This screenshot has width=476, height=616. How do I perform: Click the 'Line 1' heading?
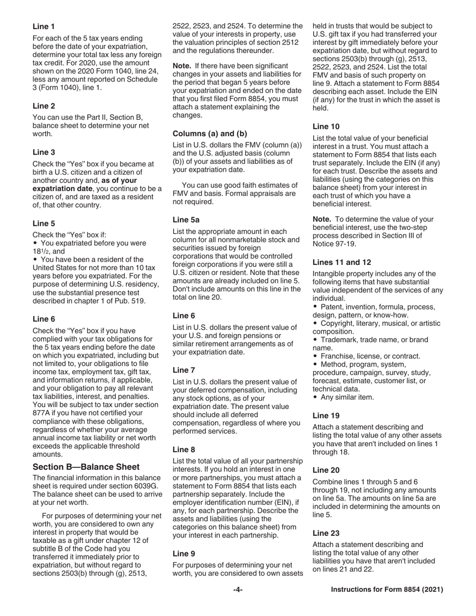point(44,26)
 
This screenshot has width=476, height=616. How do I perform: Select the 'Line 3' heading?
point(44,152)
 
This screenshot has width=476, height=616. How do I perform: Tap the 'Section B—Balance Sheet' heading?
point(86,467)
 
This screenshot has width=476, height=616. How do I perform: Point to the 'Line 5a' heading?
point(186,219)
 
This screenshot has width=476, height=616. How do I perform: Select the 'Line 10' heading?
point(326,126)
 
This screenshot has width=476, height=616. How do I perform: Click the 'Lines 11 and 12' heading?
point(342,262)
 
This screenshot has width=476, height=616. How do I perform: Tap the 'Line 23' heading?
point(326,533)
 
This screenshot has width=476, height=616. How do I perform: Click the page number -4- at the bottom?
point(237,590)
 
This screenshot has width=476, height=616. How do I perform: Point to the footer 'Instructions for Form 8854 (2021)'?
point(387,590)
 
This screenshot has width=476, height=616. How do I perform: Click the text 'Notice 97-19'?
point(334,244)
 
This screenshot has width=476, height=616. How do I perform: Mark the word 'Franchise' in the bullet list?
point(337,356)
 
